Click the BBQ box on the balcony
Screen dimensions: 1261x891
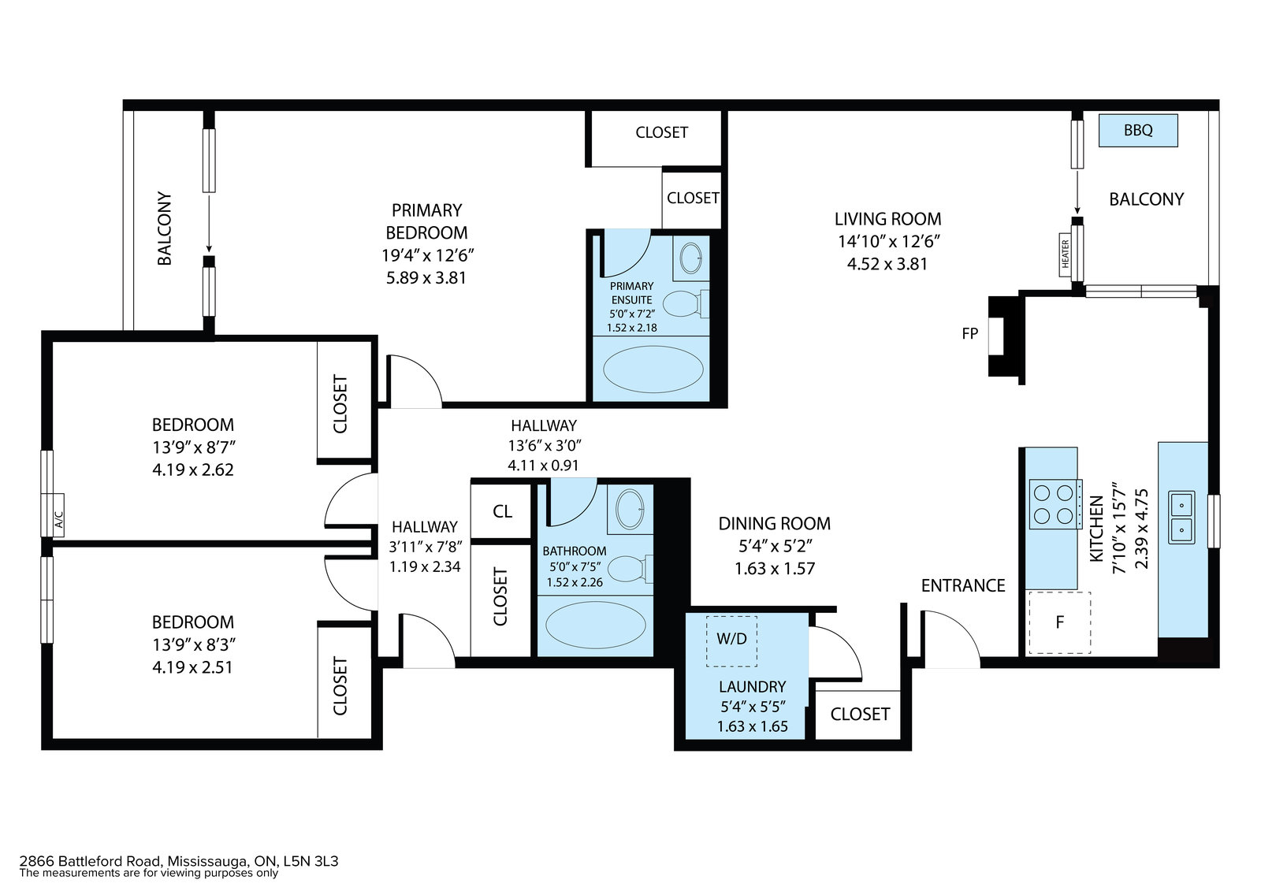(x=1138, y=131)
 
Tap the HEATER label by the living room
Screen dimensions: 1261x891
(x=1065, y=254)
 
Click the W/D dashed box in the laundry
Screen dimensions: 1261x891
(x=731, y=641)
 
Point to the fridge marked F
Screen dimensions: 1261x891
(x=1059, y=622)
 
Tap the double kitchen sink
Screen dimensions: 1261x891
(x=1181, y=518)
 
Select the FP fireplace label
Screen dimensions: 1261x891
(x=969, y=334)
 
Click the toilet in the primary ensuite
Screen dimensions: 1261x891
(x=686, y=304)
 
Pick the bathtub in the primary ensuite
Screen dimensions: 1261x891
(x=653, y=369)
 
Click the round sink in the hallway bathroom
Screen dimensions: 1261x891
(x=630, y=509)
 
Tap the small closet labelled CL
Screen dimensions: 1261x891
(x=501, y=511)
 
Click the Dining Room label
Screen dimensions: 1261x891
(x=774, y=523)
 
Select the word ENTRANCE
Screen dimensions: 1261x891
(x=962, y=586)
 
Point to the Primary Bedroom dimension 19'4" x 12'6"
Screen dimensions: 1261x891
(x=427, y=255)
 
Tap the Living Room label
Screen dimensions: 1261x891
(x=887, y=219)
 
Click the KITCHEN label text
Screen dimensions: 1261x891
(x=1096, y=529)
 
